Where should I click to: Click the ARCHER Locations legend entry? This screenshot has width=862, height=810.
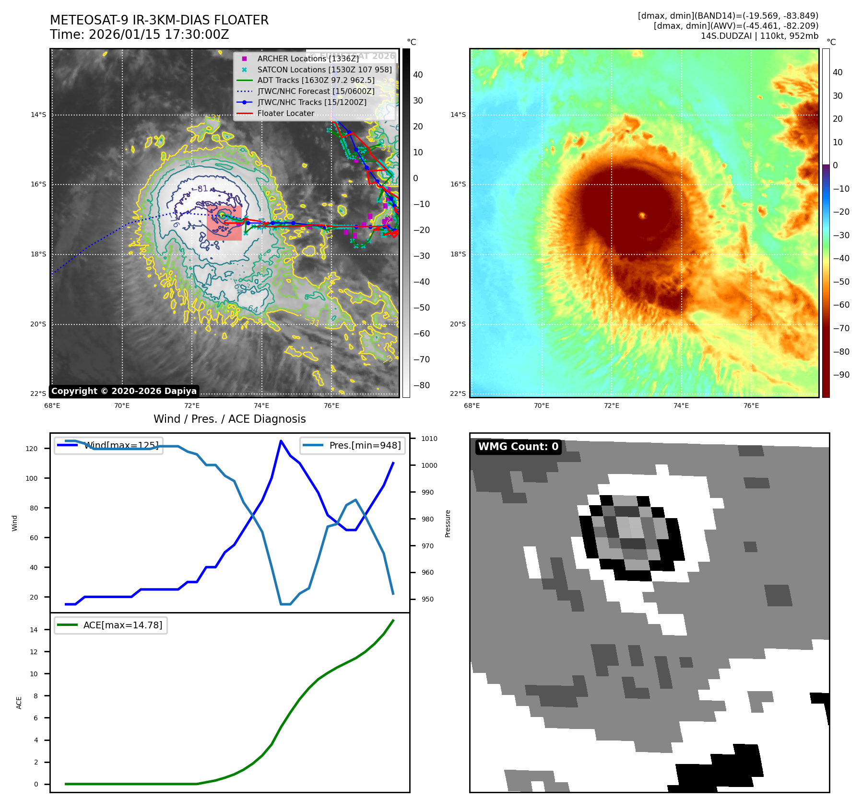point(307,58)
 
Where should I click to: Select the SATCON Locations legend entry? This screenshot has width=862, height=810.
point(324,69)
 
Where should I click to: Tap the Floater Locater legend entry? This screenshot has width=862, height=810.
point(285,114)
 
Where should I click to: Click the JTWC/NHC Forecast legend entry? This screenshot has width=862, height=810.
point(316,92)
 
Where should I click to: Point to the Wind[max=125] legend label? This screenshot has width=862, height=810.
point(121,445)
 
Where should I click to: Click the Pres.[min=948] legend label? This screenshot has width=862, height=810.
point(365,445)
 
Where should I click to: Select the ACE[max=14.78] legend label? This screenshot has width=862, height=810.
point(122,625)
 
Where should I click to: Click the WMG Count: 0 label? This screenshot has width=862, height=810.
point(518,447)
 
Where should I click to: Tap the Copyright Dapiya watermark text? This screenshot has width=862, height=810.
point(124,391)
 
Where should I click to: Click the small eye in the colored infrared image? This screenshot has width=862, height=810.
point(642,215)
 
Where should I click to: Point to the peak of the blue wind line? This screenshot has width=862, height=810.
point(281,441)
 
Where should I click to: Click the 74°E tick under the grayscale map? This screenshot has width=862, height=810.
point(261,405)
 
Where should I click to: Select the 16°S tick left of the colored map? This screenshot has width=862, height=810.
point(458,185)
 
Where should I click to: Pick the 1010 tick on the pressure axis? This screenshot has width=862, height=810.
point(429,439)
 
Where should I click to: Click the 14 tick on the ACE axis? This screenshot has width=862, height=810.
point(34,630)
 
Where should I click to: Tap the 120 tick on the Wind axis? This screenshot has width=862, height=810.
point(32,449)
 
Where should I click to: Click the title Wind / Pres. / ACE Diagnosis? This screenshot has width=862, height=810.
point(229,419)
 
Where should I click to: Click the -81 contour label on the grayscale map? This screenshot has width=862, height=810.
point(202,189)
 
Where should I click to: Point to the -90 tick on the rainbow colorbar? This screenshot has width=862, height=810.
point(841,375)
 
